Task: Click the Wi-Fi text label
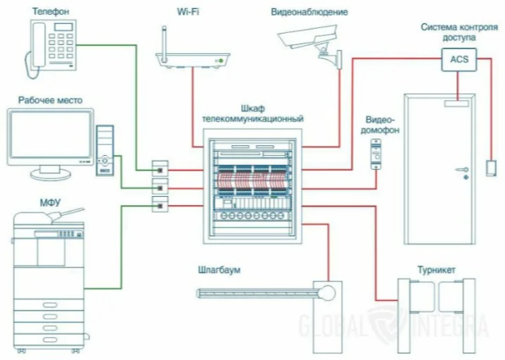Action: click(x=189, y=12)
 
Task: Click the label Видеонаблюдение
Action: click(x=310, y=12)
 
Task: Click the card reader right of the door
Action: click(x=490, y=168)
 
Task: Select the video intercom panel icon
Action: click(x=378, y=153)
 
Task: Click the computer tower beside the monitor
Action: click(x=105, y=152)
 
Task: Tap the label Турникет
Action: click(x=435, y=269)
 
